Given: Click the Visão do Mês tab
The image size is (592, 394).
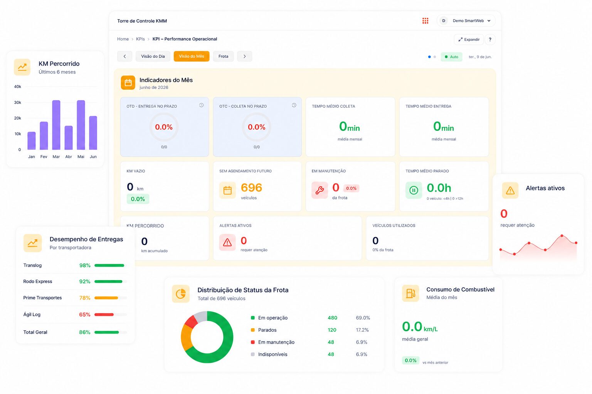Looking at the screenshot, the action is [x=191, y=56].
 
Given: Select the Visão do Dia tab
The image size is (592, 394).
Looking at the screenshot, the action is [x=153, y=56].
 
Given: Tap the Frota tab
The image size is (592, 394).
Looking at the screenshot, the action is [x=223, y=56].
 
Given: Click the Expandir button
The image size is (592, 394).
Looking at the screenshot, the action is [x=469, y=40].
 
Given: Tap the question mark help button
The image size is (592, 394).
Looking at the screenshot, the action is [x=490, y=40].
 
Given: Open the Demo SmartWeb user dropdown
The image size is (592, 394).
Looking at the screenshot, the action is [x=466, y=20].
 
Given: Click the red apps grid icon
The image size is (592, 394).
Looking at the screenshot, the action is [x=425, y=20].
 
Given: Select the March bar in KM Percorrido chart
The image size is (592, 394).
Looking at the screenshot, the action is [x=56, y=125].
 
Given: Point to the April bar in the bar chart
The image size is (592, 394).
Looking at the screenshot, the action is [x=69, y=137].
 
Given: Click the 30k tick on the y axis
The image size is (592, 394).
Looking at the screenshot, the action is [x=17, y=102].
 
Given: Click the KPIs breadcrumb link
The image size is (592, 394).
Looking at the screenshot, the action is [x=140, y=39].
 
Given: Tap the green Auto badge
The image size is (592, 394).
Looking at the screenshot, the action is [x=451, y=57].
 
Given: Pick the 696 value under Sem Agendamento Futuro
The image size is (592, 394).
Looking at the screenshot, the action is [x=251, y=188].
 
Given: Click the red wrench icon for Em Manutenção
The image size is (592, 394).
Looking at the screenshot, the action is [x=320, y=190].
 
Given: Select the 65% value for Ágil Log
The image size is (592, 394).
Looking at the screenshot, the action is [x=84, y=315].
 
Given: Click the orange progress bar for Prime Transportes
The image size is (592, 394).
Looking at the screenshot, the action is [x=106, y=298].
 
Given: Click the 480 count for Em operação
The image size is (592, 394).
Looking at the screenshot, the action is [x=333, y=318].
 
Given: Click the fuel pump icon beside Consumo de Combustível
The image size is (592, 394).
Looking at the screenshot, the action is [x=410, y=293].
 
